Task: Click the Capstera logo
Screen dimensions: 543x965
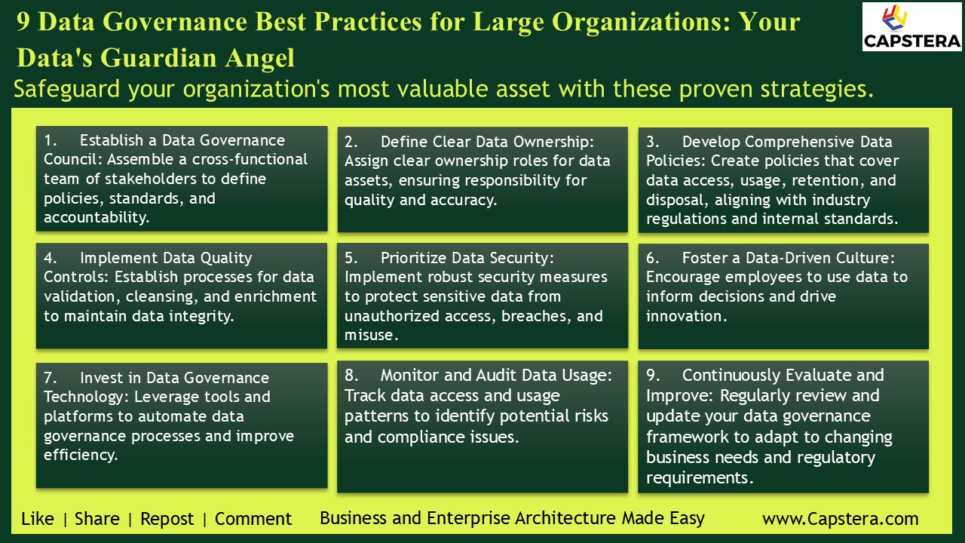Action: click(x=912, y=26)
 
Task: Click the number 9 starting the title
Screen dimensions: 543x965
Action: click(x=23, y=22)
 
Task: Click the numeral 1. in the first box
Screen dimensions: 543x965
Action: click(x=51, y=140)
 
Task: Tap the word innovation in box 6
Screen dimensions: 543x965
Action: click(x=685, y=316)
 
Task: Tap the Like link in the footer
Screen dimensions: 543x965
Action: click(x=38, y=519)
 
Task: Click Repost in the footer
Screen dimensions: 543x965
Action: click(x=167, y=519)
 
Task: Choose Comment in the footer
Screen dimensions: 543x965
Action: click(x=253, y=519)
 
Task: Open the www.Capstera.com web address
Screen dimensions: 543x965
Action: click(x=840, y=519)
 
